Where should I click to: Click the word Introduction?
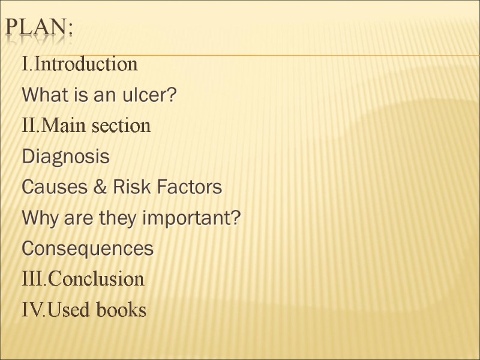[86, 64]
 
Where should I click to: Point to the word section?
[125, 127]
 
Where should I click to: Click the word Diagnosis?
[65, 157]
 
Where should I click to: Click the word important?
[192, 219]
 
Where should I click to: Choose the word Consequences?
[88, 249]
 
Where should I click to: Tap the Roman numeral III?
[32, 280]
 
